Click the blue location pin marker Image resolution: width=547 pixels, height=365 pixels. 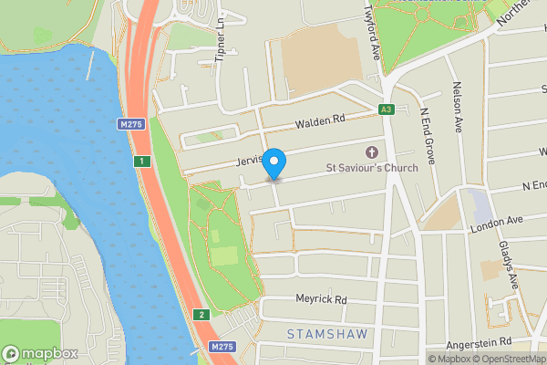pyautogui.click(x=273, y=162)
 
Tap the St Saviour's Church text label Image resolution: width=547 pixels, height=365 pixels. pyautogui.click(x=372, y=168)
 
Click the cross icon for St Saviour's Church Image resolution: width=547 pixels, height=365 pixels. pyautogui.click(x=371, y=152)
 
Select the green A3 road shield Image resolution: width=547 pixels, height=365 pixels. pyautogui.click(x=386, y=109)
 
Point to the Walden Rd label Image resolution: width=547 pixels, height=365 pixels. pyautogui.click(x=318, y=120)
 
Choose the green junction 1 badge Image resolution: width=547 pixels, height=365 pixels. pyautogui.click(x=141, y=162)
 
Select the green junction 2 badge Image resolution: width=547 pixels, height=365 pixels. pyautogui.click(x=201, y=315)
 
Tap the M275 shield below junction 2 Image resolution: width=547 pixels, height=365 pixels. pyautogui.click(x=222, y=347)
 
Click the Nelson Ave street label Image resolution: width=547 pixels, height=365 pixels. pyautogui.click(x=459, y=107)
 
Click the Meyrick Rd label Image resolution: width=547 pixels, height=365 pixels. pyautogui.click(x=321, y=298)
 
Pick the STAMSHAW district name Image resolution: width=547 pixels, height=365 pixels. pyautogui.click(x=327, y=334)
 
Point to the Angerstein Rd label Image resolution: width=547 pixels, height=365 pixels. pyautogui.click(x=480, y=342)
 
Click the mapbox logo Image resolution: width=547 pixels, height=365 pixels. pyautogui.click(x=38, y=353)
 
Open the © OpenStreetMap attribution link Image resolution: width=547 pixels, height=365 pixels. pyautogui.click(x=511, y=359)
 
